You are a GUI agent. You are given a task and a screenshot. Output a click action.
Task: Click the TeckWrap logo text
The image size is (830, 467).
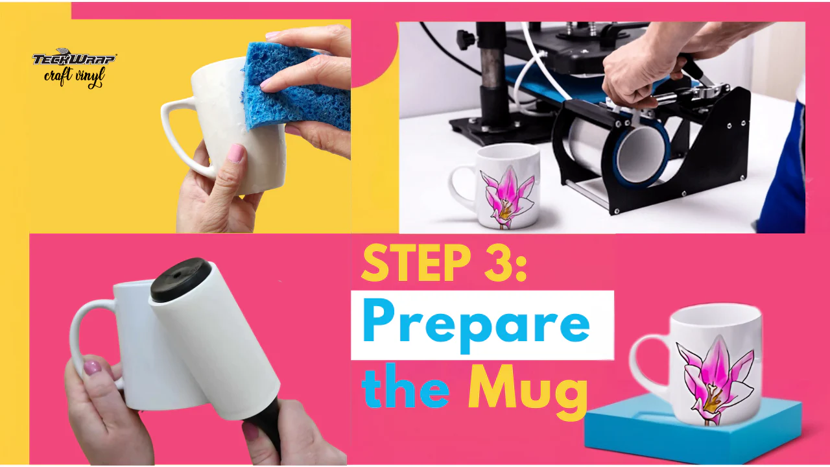pos(74,58)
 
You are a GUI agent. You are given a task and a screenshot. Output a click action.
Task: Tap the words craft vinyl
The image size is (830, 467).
pos(75,77)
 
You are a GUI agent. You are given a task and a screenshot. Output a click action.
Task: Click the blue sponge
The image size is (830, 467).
pos(296,87)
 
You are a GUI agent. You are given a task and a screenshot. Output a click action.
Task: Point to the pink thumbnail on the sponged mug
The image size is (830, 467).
pos(235,153)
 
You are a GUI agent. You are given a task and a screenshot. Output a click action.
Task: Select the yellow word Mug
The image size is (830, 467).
pos(528,391)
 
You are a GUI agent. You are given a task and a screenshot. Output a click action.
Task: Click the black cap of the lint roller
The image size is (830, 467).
pos(180,279)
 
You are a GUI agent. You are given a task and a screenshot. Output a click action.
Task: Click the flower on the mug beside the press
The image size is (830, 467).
pos(506,197)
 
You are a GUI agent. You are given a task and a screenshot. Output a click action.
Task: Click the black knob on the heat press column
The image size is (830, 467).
pos(465,38)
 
